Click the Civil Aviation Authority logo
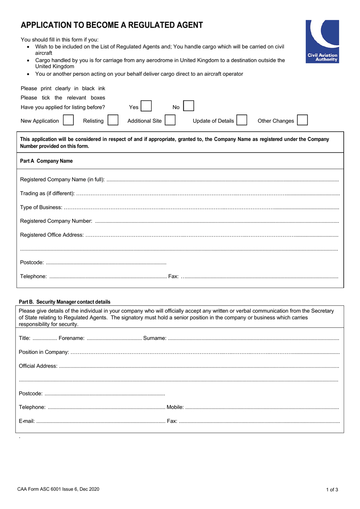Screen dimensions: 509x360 [322, 41]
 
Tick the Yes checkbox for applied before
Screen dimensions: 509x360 [146, 106]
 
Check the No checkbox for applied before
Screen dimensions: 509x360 [188, 106]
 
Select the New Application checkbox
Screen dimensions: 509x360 [68, 120]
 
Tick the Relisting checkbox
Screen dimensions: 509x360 [113, 120]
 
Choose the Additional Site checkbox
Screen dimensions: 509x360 [170, 120]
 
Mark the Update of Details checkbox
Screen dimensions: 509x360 [242, 120]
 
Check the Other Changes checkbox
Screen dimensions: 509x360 [302, 120]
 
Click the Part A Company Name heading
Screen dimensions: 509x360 [46, 161]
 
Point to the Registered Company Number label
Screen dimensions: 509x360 [56, 221]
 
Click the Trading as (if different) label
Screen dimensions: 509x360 [47, 193]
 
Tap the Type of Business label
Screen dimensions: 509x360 [41, 207]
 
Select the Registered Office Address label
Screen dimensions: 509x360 [52, 235]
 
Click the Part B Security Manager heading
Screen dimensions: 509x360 [64, 302]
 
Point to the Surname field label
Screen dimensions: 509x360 [155, 338]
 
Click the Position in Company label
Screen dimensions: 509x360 [44, 352]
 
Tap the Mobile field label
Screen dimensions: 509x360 [175, 407]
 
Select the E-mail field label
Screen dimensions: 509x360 [27, 421]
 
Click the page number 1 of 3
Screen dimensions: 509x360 [332, 490]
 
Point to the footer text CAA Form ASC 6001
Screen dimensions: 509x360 [58, 489]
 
